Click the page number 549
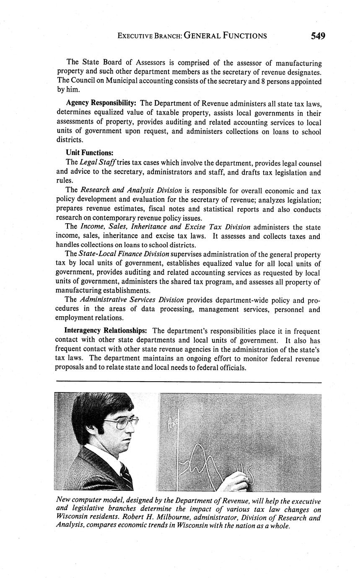[x=318, y=36]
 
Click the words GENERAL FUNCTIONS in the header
[x=225, y=36]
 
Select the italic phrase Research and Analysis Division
[x=131, y=190]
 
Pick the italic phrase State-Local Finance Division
[x=124, y=254]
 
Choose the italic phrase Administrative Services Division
[x=132, y=300]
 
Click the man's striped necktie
[x=126, y=475]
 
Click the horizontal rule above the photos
[x=188, y=382]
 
